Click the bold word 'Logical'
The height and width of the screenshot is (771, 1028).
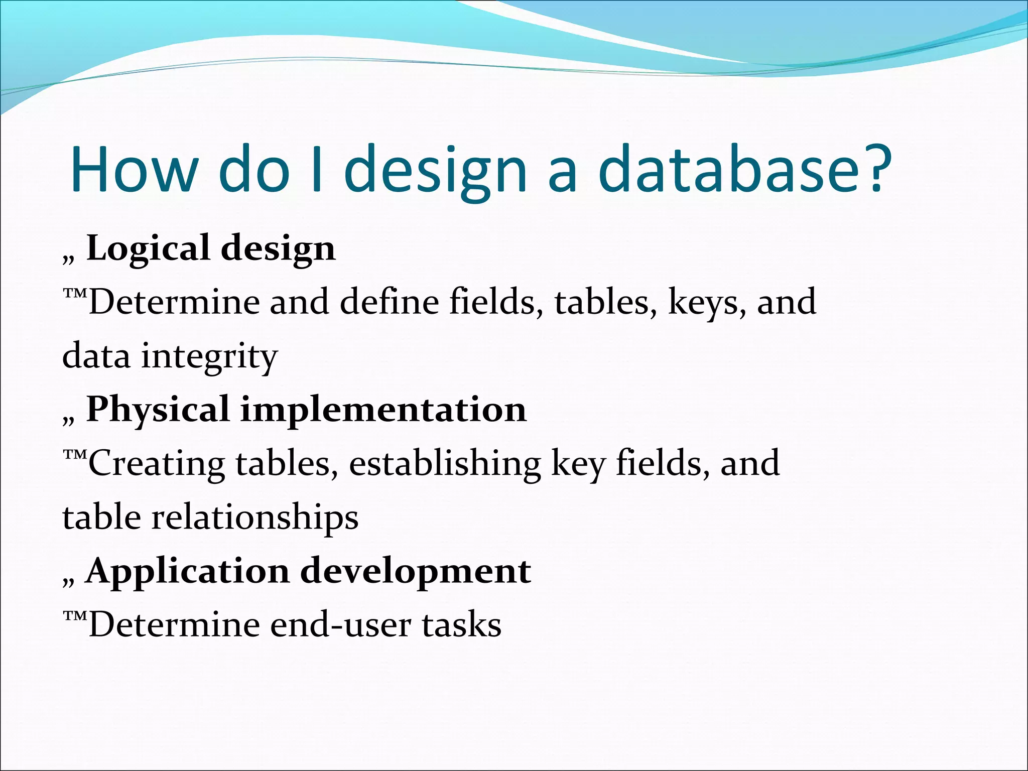148,248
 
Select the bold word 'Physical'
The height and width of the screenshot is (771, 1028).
158,409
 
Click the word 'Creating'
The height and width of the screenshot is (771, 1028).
157,464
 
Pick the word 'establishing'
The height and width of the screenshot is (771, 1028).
445,464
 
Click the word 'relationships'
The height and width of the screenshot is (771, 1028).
255,518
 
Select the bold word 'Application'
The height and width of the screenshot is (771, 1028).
188,572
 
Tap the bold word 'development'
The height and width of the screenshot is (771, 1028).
416,572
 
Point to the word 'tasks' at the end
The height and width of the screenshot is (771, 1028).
461,625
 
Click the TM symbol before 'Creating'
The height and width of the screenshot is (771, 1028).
75,454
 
